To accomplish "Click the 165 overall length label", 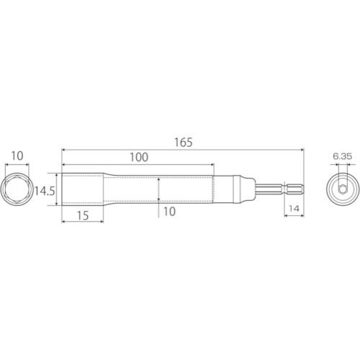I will [184, 143].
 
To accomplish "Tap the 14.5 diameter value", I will [45, 191].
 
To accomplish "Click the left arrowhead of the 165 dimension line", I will [64, 150].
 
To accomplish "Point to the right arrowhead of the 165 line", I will [304, 150].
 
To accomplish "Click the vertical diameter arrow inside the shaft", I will [158, 191].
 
